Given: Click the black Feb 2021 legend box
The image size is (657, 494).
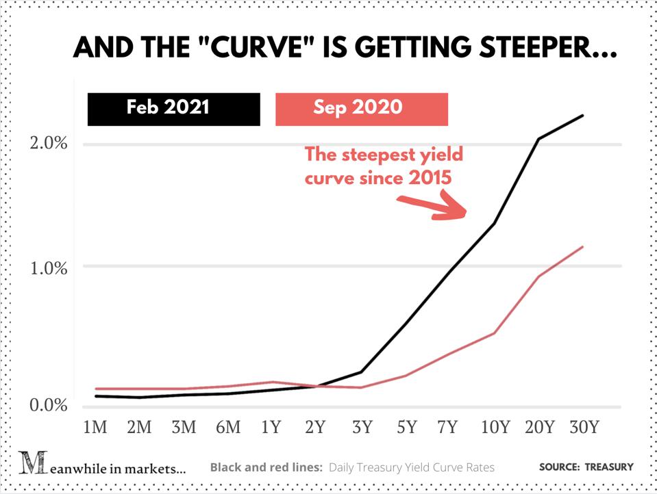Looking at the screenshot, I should (174, 109).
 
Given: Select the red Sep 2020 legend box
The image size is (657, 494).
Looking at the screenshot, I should (361, 109).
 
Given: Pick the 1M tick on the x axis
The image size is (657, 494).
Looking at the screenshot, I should (95, 428).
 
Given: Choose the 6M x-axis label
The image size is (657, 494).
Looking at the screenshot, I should (228, 428).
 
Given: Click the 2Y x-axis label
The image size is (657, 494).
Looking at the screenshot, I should (316, 428).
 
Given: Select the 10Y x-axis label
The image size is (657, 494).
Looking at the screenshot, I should (495, 428).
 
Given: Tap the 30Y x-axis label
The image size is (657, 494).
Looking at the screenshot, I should (584, 428).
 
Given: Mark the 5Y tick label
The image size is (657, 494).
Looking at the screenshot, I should (406, 428).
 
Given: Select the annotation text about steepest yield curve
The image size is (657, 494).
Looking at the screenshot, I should (384, 166).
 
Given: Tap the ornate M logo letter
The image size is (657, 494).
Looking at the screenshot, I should (31, 465).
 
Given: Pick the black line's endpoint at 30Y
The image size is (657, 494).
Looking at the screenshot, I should (583, 115).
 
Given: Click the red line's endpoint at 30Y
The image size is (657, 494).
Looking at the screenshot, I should (583, 246).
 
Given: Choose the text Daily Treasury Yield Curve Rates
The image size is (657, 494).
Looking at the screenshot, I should (411, 467).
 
